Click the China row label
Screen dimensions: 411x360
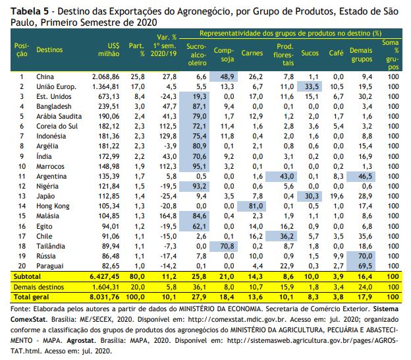[x=45, y=76]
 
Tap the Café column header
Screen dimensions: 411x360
[x=337, y=53]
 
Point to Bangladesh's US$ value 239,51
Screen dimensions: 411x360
[x=109, y=106]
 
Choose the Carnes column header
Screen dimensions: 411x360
[x=252, y=53]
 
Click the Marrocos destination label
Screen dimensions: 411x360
[x=50, y=166]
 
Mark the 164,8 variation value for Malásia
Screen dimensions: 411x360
[x=168, y=216]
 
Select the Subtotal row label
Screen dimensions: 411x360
[x=27, y=276]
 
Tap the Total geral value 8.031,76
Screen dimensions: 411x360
[x=104, y=297]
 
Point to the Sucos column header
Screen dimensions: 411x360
[x=310, y=53]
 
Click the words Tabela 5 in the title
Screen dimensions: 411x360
[x=30, y=11]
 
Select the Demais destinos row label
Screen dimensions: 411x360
[x=39, y=287]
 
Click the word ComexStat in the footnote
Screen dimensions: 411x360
[x=28, y=319]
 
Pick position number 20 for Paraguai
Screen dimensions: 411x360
[x=22, y=266]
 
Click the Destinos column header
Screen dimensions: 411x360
[x=49, y=49]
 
